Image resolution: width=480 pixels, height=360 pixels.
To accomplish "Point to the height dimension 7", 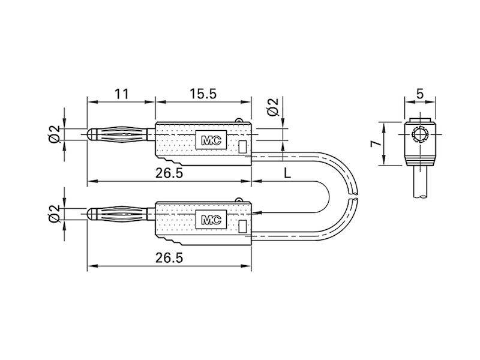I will tap(373, 144).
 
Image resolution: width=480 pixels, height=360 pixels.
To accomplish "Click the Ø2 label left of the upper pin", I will tap(54, 134).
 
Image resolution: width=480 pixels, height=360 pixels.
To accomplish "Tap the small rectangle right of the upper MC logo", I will tap(242, 146).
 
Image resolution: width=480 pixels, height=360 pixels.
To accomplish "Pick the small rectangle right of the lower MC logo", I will tap(242, 226).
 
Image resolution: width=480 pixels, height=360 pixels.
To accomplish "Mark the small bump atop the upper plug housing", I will tap(240, 121).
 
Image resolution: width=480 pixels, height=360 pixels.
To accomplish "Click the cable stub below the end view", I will tap(420, 183).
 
